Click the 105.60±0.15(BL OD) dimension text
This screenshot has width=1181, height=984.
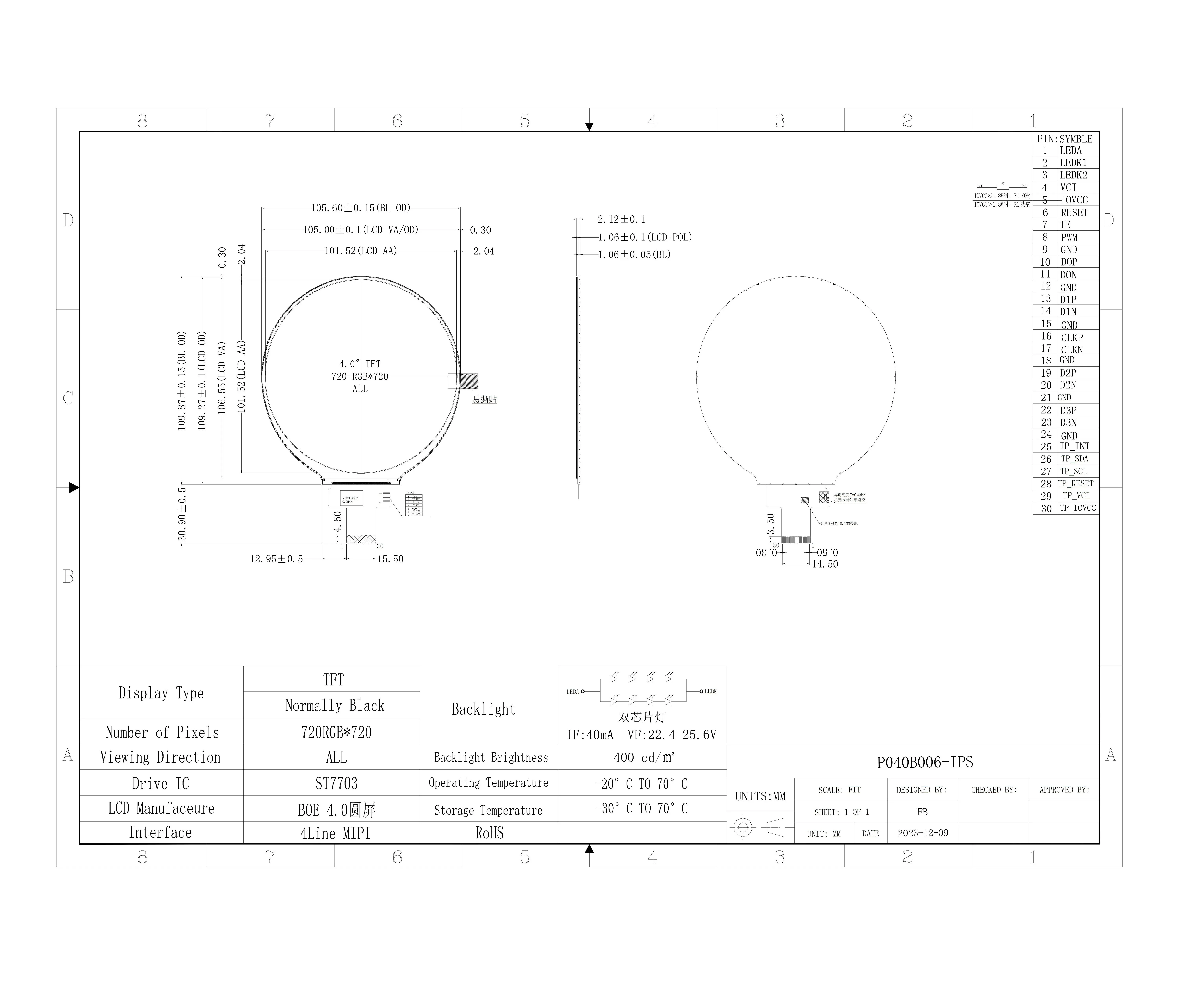coord(360,208)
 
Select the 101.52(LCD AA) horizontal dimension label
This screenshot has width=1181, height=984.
coord(360,251)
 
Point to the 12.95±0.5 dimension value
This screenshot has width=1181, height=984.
coord(276,559)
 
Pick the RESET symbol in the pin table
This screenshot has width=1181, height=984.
coord(1074,213)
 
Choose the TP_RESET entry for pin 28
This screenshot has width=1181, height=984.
coord(1075,484)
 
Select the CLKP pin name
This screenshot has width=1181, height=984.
coord(1072,337)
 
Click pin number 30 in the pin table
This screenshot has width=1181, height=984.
coord(1046,508)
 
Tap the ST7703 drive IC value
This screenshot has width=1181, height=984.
coord(336,783)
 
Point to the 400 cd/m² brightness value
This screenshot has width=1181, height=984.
coord(644,757)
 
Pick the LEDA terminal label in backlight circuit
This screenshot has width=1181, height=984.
coord(573,692)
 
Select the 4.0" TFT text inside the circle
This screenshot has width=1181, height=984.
coord(360,364)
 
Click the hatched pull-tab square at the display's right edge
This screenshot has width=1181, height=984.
coord(469,381)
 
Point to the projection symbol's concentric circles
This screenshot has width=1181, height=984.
coord(743,827)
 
